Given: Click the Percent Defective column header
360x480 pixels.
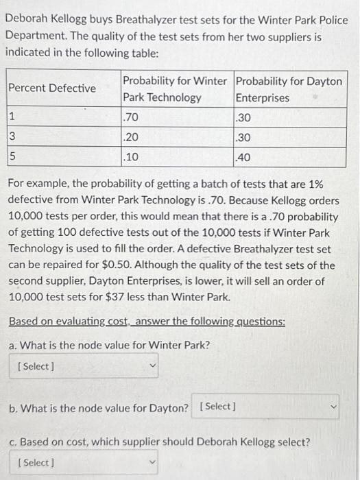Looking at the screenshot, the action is pos(52,88).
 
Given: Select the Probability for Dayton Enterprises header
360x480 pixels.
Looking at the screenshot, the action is pos(288,89).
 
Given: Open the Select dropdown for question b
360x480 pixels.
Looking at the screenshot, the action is pos(267,407).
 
